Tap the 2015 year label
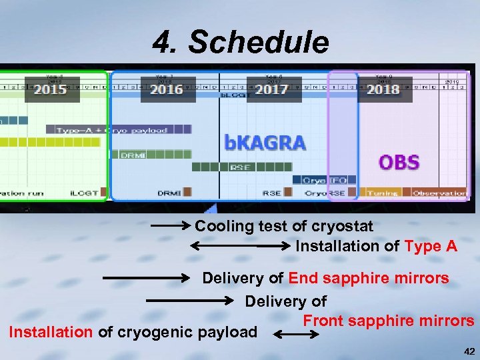[x=50, y=89]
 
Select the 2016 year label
[x=167, y=89]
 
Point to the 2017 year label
[x=271, y=89]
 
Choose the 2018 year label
[x=383, y=89]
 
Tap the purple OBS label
[x=399, y=162]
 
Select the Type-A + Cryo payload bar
[x=112, y=129]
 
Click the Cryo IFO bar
[x=325, y=180]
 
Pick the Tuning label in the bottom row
[x=383, y=193]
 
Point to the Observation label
[x=439, y=193]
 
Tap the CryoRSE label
[x=325, y=193]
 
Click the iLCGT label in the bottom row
[x=85, y=193]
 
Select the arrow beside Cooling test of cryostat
[x=171, y=227]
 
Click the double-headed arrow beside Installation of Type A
[x=240, y=246]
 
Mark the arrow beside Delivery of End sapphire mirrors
[x=147, y=276]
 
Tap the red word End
[x=303, y=278]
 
